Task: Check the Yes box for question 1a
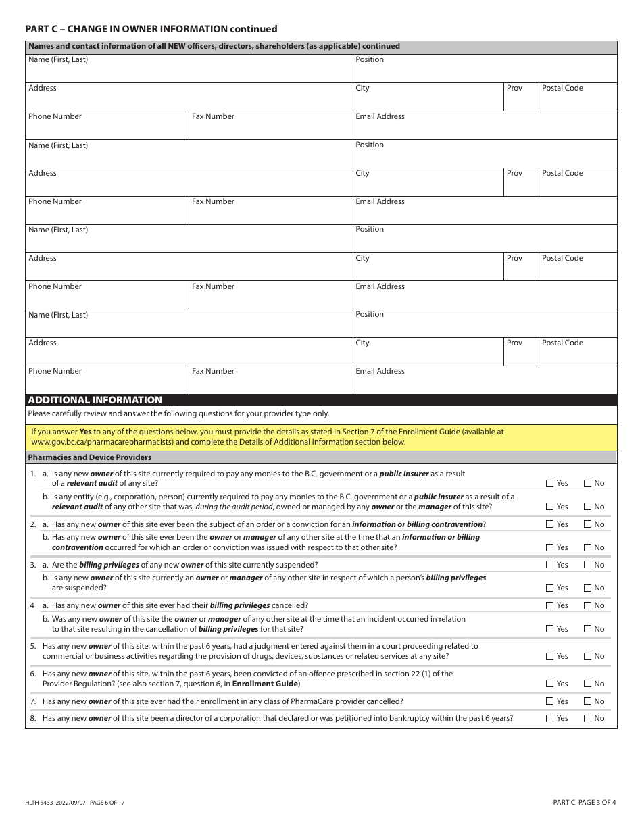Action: click(549, 483)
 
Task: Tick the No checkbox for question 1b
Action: click(587, 507)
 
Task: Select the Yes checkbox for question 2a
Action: click(549, 524)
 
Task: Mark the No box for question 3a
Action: click(587, 565)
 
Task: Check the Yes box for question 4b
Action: click(549, 629)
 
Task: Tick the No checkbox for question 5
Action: click(587, 656)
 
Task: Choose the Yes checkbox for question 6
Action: click(549, 684)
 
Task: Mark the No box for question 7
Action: click(587, 701)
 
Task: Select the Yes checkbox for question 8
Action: click(549, 719)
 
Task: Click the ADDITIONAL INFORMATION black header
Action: click(95, 400)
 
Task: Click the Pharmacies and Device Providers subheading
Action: click(90, 457)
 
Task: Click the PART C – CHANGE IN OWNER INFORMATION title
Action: click(151, 29)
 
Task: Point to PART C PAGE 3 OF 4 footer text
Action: click(584, 803)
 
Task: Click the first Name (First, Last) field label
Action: click(58, 59)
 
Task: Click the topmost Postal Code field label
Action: click(562, 88)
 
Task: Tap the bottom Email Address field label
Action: click(380, 371)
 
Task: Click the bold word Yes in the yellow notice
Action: click(86, 431)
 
